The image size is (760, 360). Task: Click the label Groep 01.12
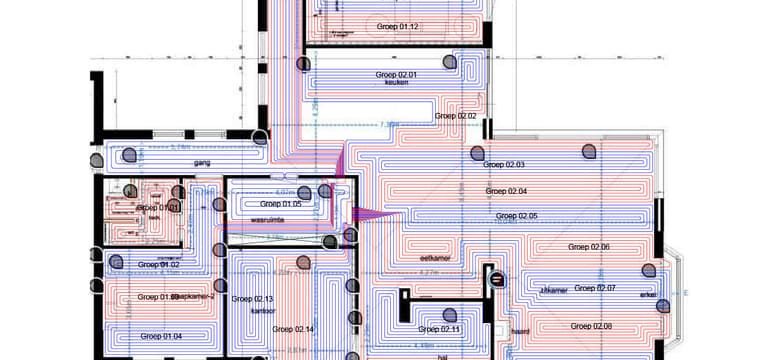pos(397,25)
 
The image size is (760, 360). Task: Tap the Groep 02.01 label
pos(397,74)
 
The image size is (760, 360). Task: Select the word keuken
pos(397,83)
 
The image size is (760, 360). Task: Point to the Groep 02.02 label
pos(456,116)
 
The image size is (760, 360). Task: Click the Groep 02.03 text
pos(504,165)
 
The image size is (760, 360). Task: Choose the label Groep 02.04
pos(506,190)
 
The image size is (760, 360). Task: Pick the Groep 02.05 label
pos(516,216)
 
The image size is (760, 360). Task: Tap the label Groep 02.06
pos(589,246)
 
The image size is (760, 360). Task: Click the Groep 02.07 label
pos(595,288)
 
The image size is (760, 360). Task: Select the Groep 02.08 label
pos(592,326)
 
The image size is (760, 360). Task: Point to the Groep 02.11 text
pos(440,329)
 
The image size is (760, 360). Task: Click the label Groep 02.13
pos(252,299)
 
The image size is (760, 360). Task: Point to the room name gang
pos(201,162)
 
